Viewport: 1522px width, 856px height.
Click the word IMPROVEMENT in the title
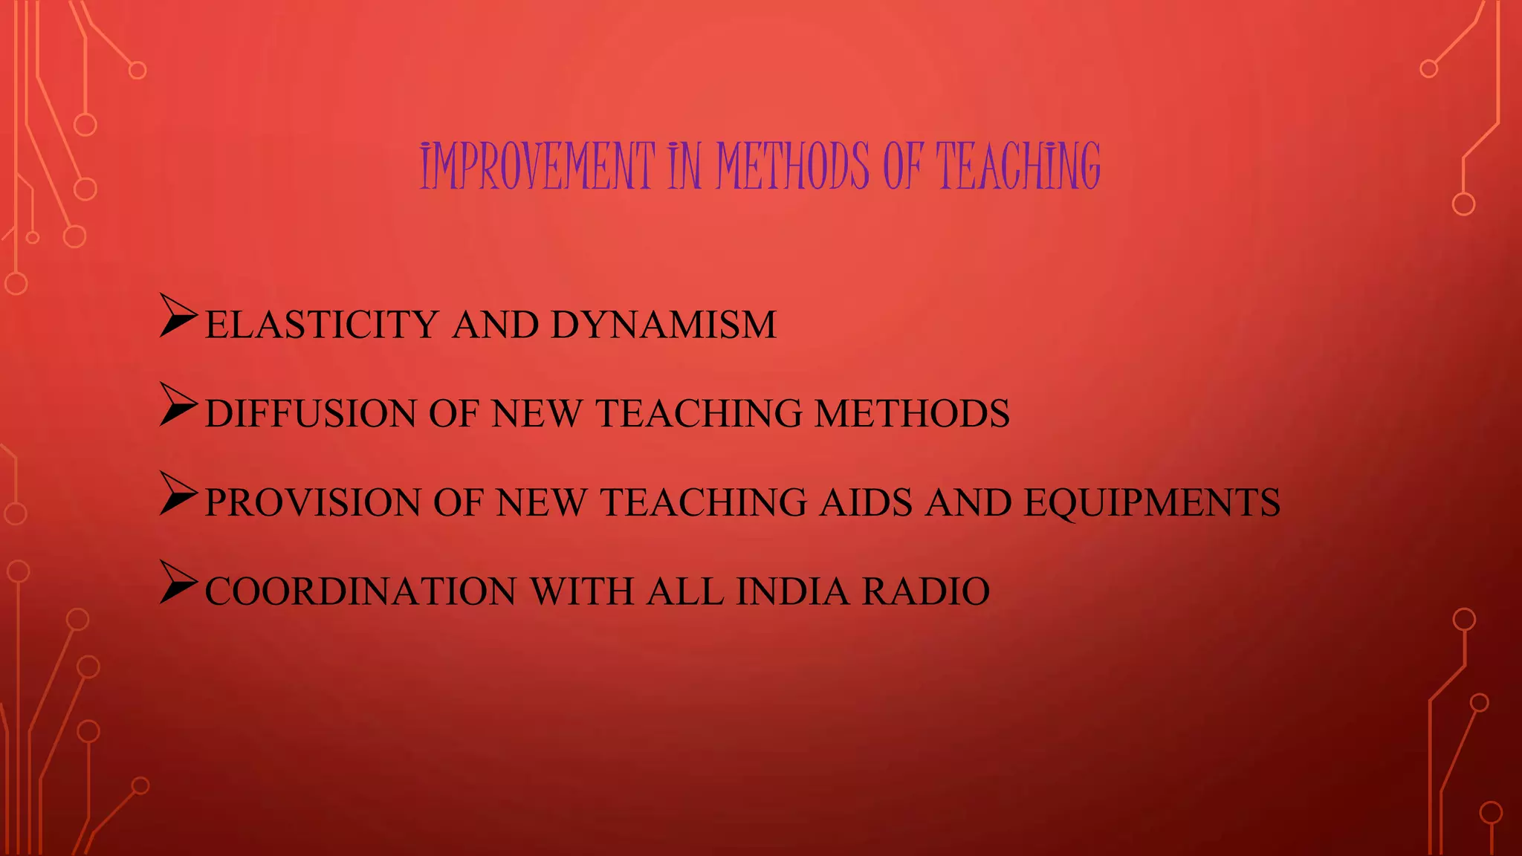[537, 166]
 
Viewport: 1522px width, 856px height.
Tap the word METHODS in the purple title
[792, 166]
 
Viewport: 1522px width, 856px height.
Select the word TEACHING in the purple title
[1017, 166]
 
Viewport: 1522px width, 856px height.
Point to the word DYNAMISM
[664, 325]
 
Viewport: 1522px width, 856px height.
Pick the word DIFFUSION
[310, 414]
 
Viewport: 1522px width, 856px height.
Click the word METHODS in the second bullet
[912, 414]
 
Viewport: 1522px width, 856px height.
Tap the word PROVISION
[313, 503]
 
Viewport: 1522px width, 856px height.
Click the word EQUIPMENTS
[1152, 503]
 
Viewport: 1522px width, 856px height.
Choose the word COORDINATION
[360, 592]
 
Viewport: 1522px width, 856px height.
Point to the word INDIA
[792, 592]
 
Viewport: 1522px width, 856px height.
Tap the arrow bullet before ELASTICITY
[178, 317]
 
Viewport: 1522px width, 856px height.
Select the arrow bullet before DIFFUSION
[178, 406]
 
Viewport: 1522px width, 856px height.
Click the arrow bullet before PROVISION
[178, 495]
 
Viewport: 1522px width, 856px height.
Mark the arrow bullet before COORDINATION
[178, 583]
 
